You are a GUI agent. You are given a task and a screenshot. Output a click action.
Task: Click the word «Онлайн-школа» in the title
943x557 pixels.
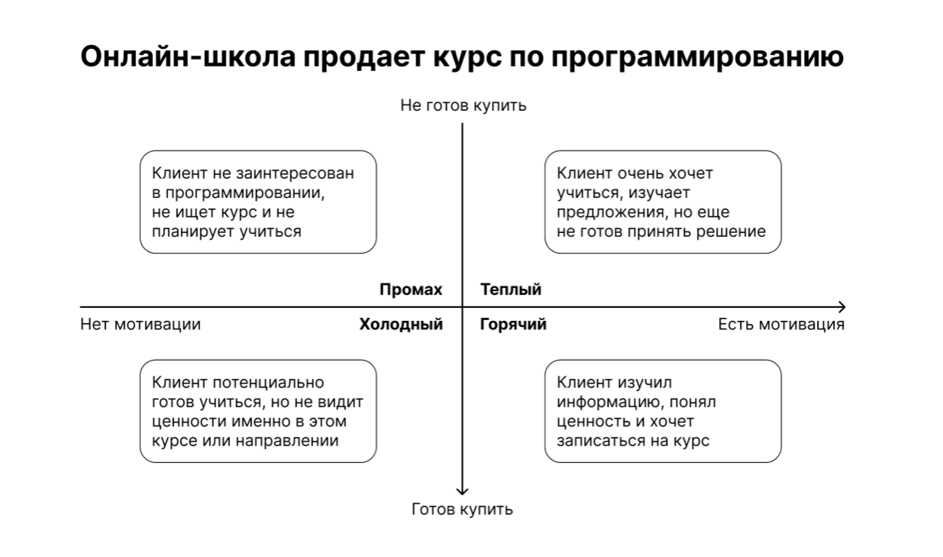188,57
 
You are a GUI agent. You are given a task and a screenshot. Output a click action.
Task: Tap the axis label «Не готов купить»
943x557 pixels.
463,105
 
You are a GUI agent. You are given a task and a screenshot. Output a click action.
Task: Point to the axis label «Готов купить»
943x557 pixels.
462,510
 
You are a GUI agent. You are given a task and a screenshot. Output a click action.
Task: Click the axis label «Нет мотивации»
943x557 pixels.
140,325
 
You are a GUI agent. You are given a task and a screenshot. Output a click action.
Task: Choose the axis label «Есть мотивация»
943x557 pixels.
781,325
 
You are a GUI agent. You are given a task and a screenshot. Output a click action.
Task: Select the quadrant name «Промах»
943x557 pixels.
411,290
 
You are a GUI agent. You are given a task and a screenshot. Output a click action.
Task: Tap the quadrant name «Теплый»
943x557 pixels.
511,290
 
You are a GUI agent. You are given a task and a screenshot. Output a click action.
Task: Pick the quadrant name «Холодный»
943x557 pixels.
401,325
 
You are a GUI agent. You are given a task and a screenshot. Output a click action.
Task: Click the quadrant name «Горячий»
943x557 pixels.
513,325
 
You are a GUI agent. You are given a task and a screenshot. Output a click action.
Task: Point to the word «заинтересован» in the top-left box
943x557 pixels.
295,173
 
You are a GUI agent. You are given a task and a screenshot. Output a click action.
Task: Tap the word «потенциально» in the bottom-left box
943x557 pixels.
268,383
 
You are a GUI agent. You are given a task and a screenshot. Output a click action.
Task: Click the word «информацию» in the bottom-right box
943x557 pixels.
609,403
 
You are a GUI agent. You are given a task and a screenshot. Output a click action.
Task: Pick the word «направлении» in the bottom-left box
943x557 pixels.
286,441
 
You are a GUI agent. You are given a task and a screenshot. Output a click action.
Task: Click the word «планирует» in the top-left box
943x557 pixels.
193,232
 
